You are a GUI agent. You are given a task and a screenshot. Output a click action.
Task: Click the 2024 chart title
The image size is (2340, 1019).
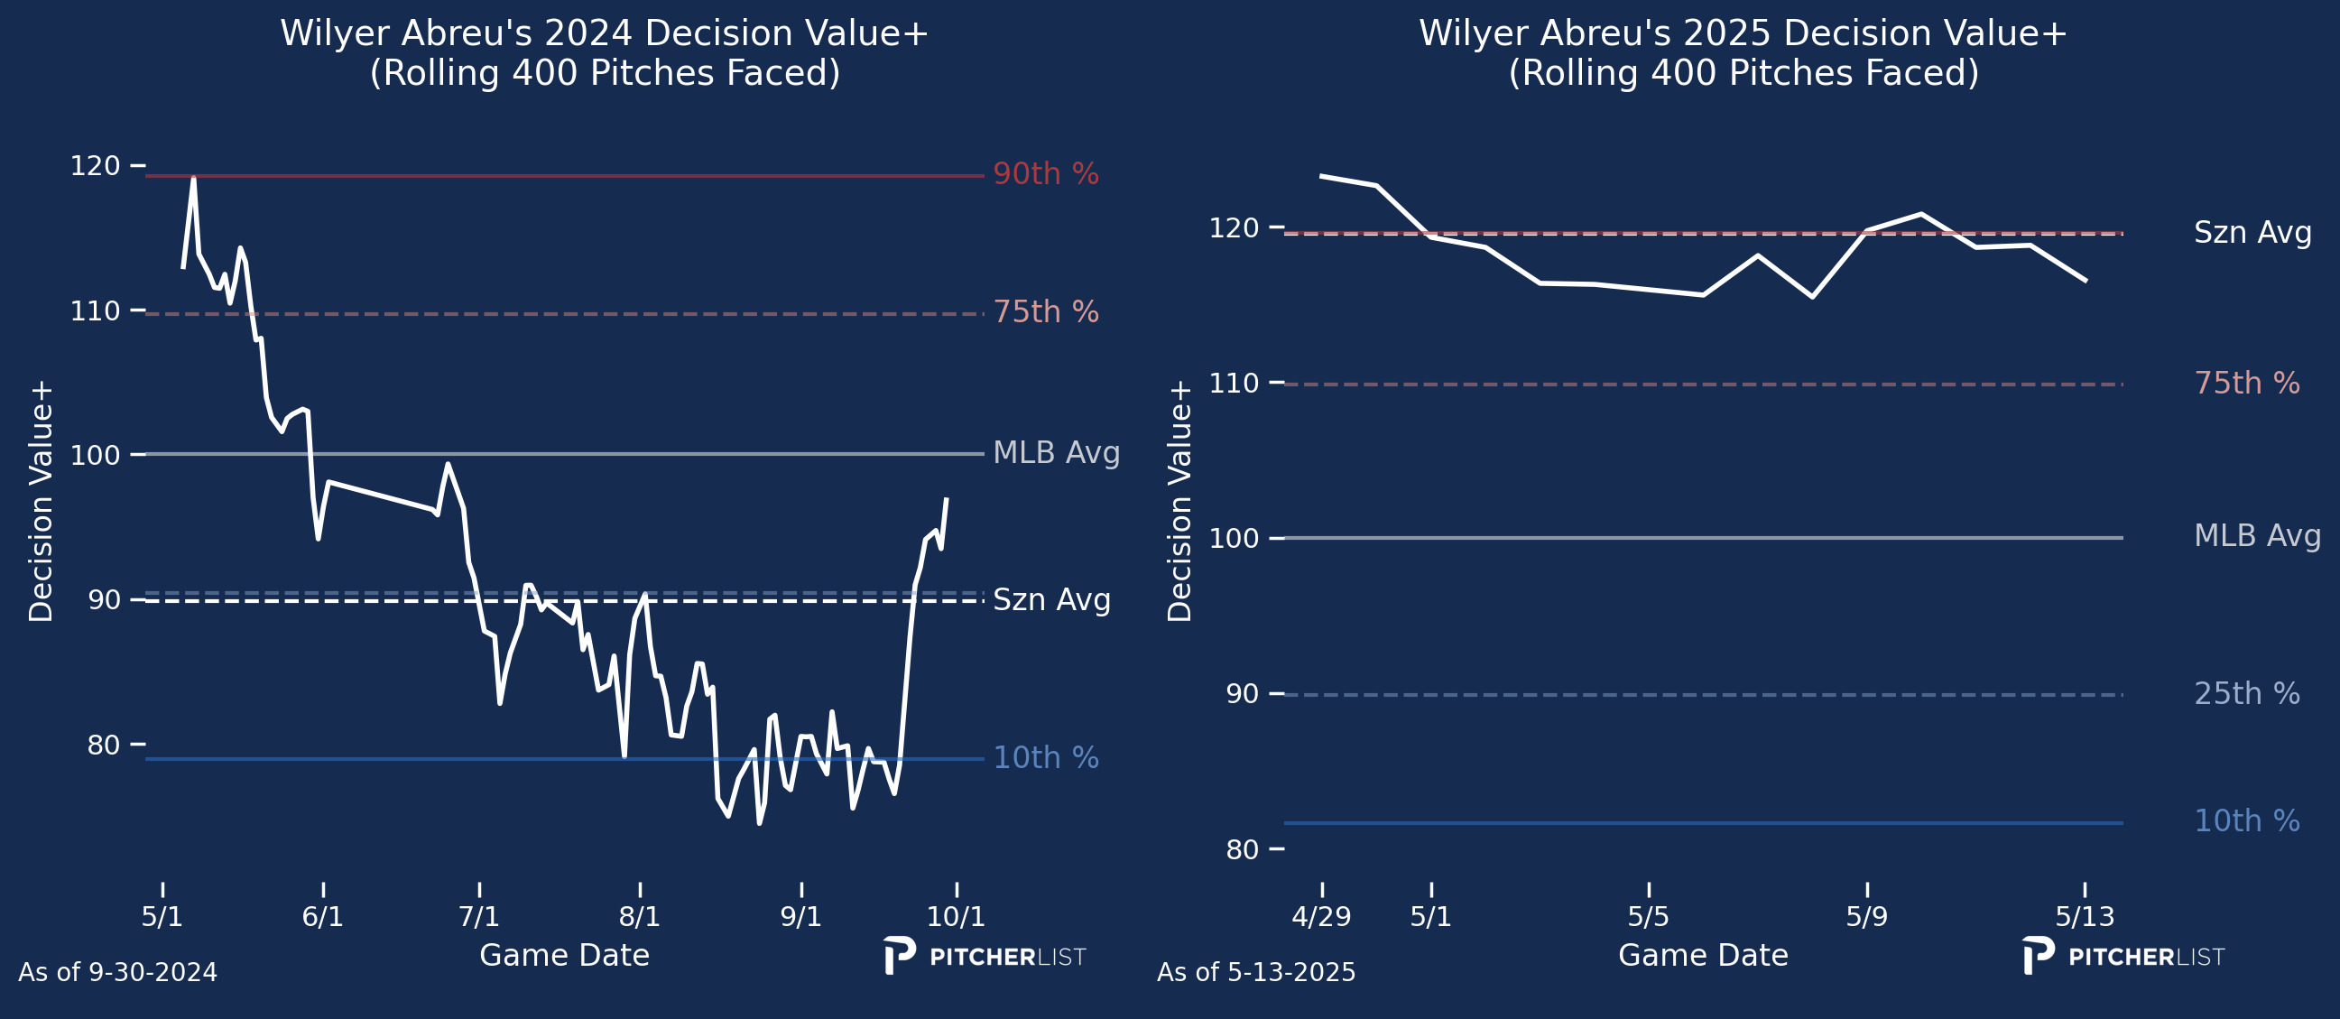point(604,52)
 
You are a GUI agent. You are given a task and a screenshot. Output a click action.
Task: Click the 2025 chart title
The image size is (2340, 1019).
point(1743,52)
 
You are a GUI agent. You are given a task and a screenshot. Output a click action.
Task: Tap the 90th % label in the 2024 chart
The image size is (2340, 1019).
point(1046,173)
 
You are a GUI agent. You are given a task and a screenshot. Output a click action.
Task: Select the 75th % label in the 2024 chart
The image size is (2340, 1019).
point(1046,311)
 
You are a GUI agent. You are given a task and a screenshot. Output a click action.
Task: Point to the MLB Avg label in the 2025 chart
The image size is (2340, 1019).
point(2256,536)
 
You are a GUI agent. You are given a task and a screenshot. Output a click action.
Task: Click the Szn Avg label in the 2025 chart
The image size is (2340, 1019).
point(2252,233)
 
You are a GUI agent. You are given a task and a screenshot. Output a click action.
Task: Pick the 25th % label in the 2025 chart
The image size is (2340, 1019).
point(2246,694)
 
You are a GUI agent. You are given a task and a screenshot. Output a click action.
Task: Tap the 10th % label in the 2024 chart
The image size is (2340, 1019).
point(1046,757)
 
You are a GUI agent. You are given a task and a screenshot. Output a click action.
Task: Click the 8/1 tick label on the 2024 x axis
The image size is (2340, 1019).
point(640,916)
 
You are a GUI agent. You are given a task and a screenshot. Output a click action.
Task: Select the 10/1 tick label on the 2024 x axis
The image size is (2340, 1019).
point(956,916)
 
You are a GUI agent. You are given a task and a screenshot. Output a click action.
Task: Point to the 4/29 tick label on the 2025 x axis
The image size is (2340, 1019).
point(1321,916)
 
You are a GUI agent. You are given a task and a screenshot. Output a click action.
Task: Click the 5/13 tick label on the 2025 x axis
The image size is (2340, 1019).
point(2085,916)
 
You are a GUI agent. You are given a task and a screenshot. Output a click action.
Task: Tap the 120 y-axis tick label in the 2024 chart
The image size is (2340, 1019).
point(96,166)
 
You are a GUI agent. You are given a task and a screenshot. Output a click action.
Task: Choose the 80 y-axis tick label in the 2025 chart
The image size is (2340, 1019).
point(1242,850)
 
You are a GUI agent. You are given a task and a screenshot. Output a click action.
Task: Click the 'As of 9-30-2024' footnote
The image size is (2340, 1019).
point(118,973)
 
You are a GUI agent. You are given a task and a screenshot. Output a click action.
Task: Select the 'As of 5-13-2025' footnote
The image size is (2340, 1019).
point(1255,973)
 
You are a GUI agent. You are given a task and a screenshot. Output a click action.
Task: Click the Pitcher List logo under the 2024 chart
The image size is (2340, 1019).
point(985,957)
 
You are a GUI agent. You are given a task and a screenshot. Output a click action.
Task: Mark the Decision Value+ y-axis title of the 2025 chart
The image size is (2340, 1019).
point(1179,501)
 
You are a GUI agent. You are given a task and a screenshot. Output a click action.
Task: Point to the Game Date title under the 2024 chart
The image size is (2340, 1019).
point(564,956)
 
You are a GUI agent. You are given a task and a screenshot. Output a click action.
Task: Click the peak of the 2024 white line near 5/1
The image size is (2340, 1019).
point(193,178)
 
